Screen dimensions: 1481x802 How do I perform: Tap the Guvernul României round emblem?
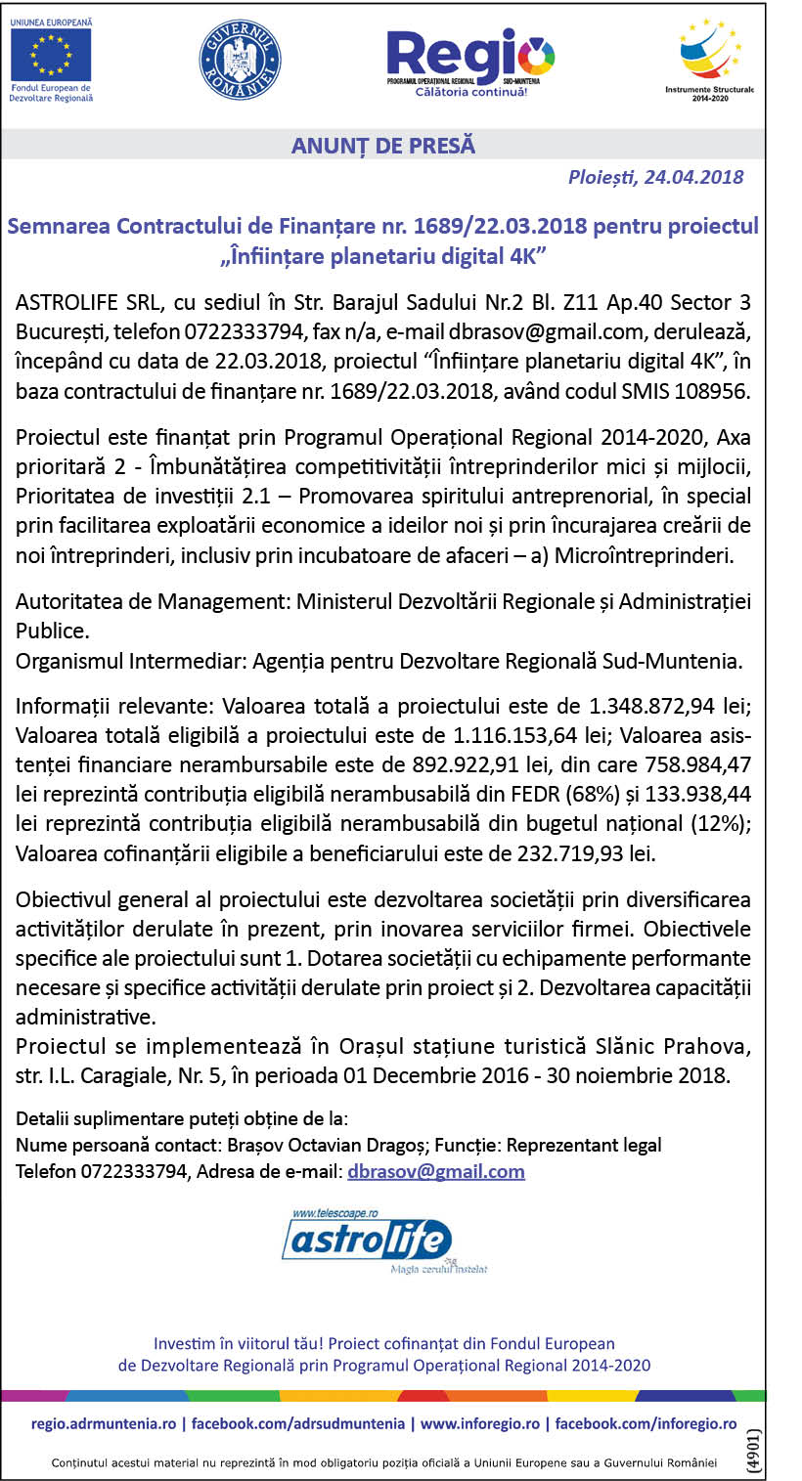point(240,60)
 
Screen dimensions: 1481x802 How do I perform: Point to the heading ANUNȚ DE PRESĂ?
point(383,146)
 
